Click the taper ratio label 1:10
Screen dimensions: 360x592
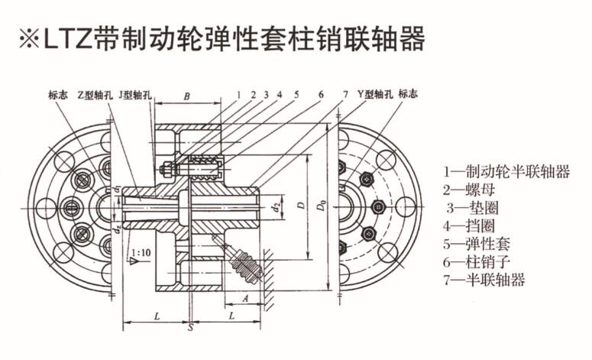pyautogui.click(x=140, y=251)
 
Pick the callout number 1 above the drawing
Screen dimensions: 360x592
pyautogui.click(x=238, y=94)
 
